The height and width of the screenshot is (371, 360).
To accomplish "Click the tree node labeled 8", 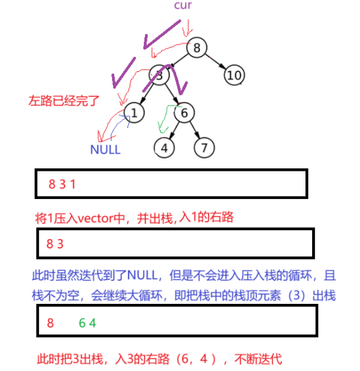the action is pos(197,47).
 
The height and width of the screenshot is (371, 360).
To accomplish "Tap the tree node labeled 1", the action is pos(135,112).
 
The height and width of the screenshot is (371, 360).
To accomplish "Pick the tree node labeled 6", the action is pos(184,112).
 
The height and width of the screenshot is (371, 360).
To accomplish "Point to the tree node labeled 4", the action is pos(164,147).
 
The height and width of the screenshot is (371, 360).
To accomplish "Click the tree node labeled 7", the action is pos(204,147).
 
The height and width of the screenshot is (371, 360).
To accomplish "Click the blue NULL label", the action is pos(105,150).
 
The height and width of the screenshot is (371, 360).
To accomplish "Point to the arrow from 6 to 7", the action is pos(195,129).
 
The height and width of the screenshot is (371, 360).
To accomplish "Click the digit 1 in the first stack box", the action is pos(72,184).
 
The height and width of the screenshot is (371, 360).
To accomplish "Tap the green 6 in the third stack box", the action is pos(83,323).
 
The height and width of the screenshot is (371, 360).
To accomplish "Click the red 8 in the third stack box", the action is pos(50,323).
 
